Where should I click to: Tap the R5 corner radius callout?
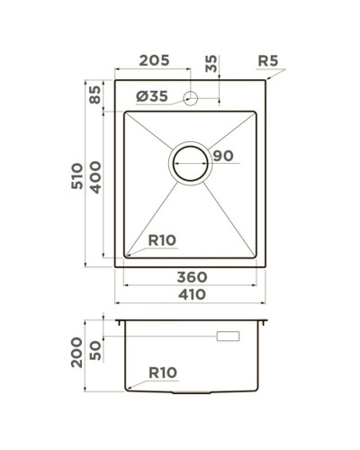pyautogui.click(x=267, y=61)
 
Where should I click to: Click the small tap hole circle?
pyautogui.click(x=191, y=97)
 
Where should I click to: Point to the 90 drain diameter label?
pyautogui.click(x=223, y=157)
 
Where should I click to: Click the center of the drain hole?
pyautogui.click(x=191, y=164)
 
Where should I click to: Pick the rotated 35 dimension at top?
pyautogui.click(x=211, y=64)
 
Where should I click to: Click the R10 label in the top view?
pyautogui.click(x=162, y=240)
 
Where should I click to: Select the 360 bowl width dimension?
pyautogui.click(x=192, y=275)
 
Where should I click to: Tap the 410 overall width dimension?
pyautogui.click(x=192, y=293)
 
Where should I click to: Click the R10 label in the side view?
pyautogui.click(x=162, y=371)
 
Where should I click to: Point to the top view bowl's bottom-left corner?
pyautogui.click(x=123, y=258)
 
